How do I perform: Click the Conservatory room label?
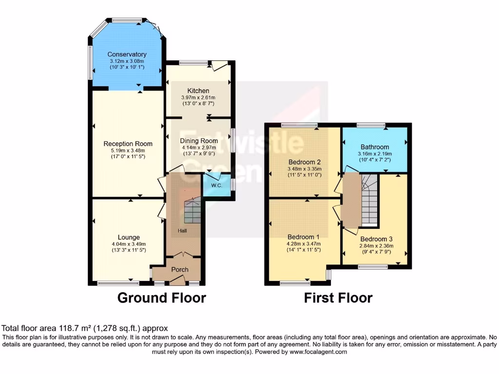(x=127, y=55)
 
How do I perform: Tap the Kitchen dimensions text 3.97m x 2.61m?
(x=198, y=97)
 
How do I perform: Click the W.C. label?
(x=216, y=186)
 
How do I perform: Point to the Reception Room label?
(x=128, y=144)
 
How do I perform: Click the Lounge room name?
(x=128, y=238)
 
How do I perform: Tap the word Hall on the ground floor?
(x=182, y=231)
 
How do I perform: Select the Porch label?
(x=180, y=269)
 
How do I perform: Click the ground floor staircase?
(x=192, y=211)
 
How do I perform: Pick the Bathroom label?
(x=375, y=147)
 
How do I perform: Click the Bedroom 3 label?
(x=376, y=239)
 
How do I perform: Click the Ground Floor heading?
(x=162, y=298)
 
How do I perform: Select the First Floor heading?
(x=338, y=298)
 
